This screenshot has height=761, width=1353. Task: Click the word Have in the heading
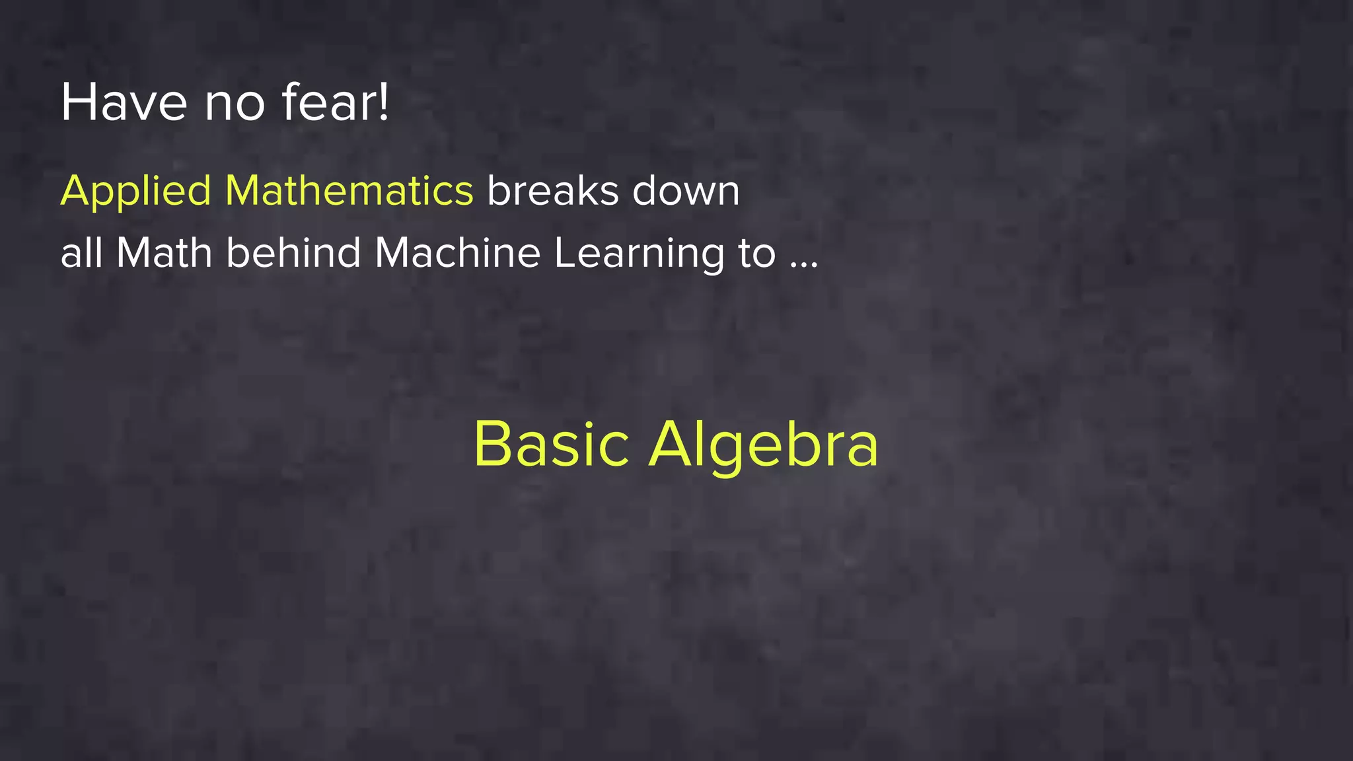click(124, 102)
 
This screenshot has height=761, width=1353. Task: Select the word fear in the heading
click(328, 102)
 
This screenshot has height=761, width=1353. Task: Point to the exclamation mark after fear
click(384, 102)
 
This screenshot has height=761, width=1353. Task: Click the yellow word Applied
click(135, 192)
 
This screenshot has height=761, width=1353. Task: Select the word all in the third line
click(81, 252)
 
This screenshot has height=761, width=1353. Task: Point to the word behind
click(293, 252)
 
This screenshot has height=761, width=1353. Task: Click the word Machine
click(457, 252)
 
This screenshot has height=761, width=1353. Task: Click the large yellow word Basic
click(551, 444)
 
